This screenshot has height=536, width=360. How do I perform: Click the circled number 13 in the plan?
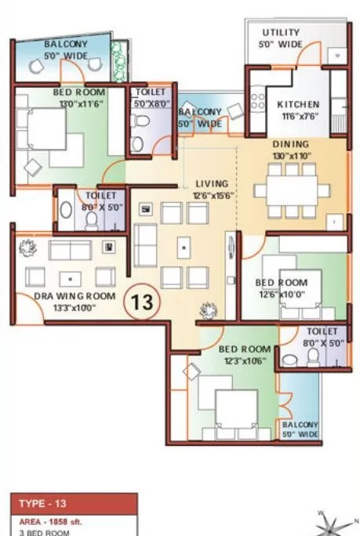tap(142, 300)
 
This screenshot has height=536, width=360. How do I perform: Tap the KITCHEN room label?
tap(297, 105)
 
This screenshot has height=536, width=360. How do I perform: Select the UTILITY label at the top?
tap(281, 33)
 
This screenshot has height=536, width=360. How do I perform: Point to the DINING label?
tap(290, 144)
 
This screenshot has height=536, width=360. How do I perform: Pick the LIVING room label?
tap(209, 184)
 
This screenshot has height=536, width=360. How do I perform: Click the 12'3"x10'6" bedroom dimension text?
tap(243, 360)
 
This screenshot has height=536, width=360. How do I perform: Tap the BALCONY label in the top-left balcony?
tap(65, 45)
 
